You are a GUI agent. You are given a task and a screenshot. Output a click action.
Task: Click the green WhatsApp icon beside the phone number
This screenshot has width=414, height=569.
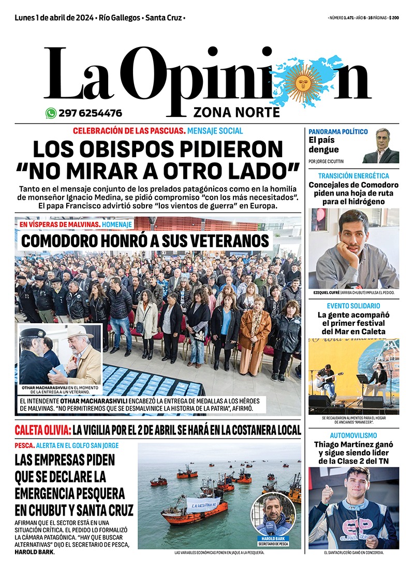51,113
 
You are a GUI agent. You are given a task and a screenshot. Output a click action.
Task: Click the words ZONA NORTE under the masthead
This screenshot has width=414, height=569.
236,112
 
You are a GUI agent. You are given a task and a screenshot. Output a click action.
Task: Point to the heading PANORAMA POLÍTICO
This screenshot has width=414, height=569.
338,132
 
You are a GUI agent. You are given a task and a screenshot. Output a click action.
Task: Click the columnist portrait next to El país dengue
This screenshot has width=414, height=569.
380,146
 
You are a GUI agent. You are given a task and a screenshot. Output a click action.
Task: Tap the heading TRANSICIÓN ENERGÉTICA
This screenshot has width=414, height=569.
353,176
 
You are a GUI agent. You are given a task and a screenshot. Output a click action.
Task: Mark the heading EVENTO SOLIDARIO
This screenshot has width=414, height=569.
353,306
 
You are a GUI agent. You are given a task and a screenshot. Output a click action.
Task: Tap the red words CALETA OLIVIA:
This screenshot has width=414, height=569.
42,430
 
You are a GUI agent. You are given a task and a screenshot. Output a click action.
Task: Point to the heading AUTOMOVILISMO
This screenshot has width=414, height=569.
353,436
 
